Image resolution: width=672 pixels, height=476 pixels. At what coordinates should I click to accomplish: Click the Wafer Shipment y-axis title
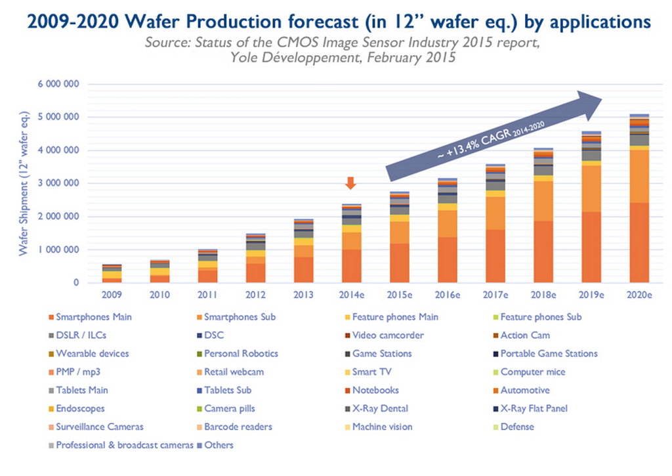[25, 184]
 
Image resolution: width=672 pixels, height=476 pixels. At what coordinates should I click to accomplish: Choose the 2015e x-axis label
[399, 295]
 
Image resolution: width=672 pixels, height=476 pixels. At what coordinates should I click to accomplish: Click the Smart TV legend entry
[371, 372]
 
